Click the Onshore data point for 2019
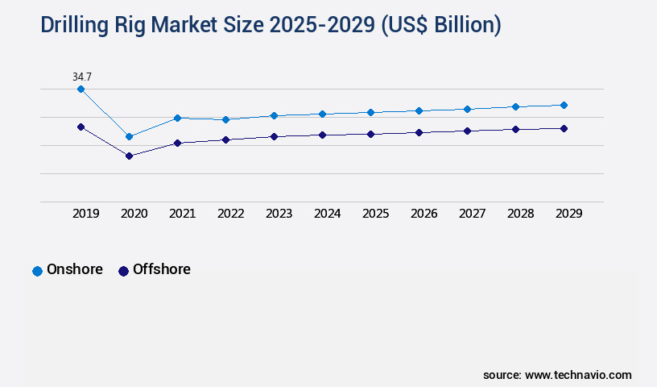click(x=81, y=89)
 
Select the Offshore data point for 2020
click(x=129, y=156)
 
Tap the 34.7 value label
click(x=81, y=77)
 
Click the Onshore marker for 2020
click(x=129, y=136)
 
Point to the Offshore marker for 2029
click(x=564, y=128)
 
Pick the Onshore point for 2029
click(x=564, y=105)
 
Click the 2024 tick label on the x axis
click(x=327, y=214)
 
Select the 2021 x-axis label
click(x=182, y=214)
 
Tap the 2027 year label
click(x=472, y=214)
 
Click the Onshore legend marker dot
click(x=37, y=271)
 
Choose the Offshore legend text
click(x=161, y=269)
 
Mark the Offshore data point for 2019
click(x=81, y=127)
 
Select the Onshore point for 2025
click(x=370, y=112)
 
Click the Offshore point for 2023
click(x=274, y=136)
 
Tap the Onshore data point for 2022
click(x=225, y=119)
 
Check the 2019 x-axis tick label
click(x=85, y=214)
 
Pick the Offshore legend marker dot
click(x=123, y=271)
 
